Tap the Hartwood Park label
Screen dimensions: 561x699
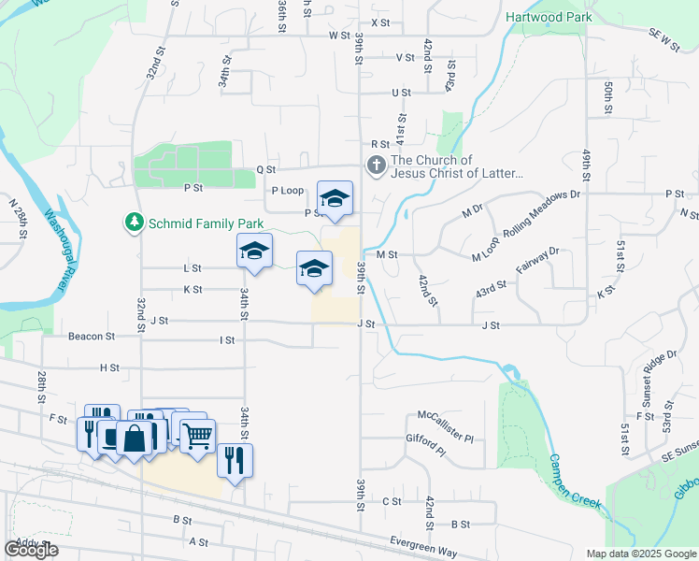[549, 17]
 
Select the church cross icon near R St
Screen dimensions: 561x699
[376, 166]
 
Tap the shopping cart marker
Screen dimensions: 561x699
[196, 435]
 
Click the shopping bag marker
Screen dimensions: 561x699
[136, 438]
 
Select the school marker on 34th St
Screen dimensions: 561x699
[254, 251]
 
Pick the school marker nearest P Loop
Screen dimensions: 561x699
[335, 197]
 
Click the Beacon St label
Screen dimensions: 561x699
[91, 335]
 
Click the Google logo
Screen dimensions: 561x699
[31, 550]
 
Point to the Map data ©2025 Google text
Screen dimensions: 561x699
[639, 554]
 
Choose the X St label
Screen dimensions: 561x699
[379, 22]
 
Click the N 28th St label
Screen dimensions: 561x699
[16, 218]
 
